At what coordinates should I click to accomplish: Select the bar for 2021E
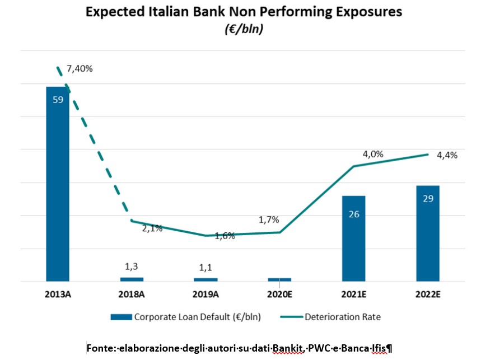[x=353, y=238]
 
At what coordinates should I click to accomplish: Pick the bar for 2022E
[x=427, y=233]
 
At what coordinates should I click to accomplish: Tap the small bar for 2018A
[x=132, y=279]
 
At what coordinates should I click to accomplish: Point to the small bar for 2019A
[x=206, y=279]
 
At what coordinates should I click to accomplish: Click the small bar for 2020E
[x=279, y=279]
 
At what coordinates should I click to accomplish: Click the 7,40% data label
[x=80, y=69]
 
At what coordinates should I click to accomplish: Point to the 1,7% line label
[x=268, y=219]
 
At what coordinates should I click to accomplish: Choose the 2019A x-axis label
[x=206, y=294]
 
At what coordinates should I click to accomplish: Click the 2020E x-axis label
[x=279, y=294]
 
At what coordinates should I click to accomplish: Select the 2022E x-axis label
[x=427, y=294]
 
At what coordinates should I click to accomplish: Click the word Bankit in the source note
[x=287, y=348]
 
